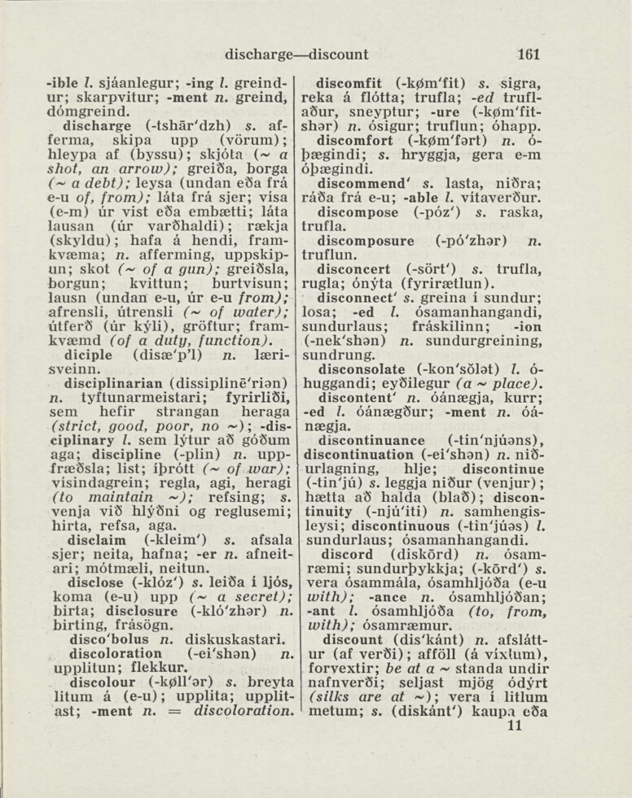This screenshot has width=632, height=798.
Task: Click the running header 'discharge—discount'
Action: coord(297,55)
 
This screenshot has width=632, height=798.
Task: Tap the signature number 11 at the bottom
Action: coord(515,726)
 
